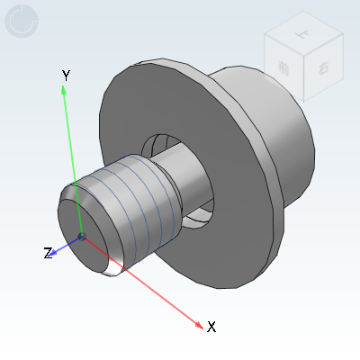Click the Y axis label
[65, 75]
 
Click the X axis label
[211, 327]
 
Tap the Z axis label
[48, 254]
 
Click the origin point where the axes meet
[82, 237]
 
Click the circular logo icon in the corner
[22, 22]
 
